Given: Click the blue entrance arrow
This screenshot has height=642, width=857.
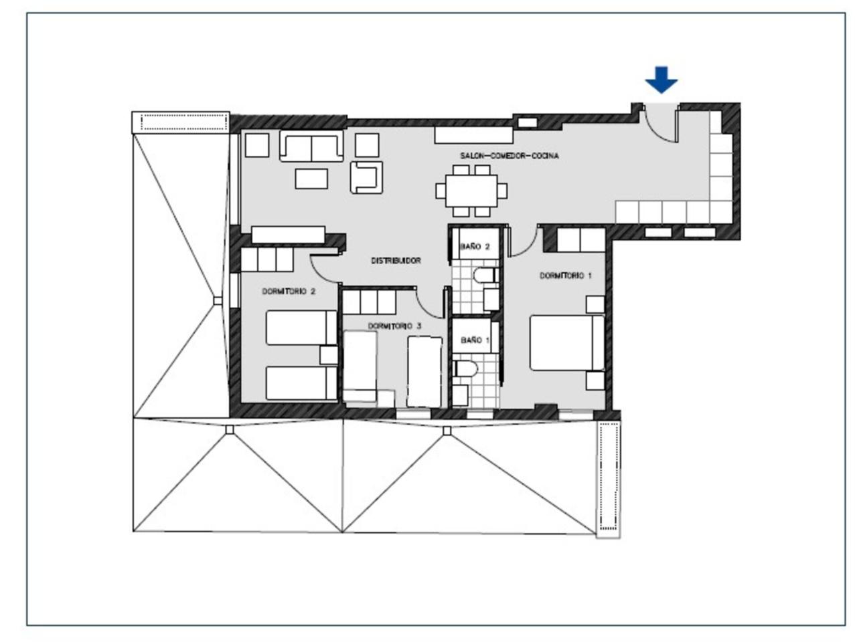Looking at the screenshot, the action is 661,80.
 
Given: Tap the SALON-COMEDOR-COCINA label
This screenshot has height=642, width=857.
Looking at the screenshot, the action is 509,156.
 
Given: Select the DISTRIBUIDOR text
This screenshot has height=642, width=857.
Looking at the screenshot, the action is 396,260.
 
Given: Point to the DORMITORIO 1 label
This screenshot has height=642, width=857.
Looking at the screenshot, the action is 565,276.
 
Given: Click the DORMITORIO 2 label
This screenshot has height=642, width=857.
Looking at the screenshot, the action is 289,291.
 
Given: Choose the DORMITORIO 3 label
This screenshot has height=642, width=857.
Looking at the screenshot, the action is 394,326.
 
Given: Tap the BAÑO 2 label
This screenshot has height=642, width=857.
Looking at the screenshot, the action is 475,246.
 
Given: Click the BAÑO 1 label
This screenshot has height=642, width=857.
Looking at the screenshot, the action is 475,340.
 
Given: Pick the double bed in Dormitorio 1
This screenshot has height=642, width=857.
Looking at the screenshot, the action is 567,342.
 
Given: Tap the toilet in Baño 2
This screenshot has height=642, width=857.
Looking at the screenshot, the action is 486,276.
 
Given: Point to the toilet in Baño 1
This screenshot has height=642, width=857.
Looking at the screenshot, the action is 465,368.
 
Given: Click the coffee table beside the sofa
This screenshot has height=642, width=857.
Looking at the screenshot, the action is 311,179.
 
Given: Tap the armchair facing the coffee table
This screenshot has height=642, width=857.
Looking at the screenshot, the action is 366,177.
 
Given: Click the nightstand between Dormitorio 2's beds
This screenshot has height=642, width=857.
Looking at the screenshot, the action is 329,355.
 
